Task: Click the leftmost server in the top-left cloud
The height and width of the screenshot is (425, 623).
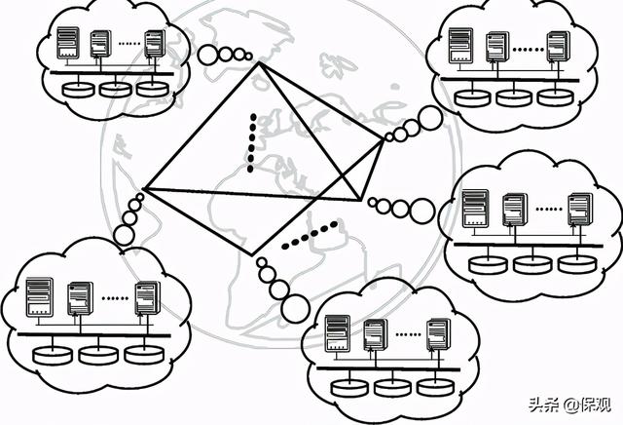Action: pyautogui.click(x=67, y=43)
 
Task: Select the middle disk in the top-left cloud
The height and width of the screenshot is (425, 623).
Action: pyautogui.click(x=115, y=89)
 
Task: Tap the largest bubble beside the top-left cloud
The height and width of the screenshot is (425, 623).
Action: pyautogui.click(x=208, y=54)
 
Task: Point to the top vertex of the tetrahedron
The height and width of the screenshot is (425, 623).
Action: pyautogui.click(x=260, y=64)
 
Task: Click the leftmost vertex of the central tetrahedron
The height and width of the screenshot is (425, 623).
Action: pyautogui.click(x=143, y=188)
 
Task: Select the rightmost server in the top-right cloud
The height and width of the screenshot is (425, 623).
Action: pyautogui.click(x=557, y=47)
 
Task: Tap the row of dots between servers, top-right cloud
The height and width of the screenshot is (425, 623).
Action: pyautogui.click(x=527, y=47)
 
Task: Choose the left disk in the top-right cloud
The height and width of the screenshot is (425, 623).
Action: pyautogui.click(x=473, y=96)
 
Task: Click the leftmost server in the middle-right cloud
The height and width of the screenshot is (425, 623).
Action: pyautogui.click(x=474, y=210)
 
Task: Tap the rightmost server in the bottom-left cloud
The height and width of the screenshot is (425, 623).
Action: pyautogui.click(x=147, y=297)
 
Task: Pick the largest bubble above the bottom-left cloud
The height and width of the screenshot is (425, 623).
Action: pyautogui.click(x=125, y=235)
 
